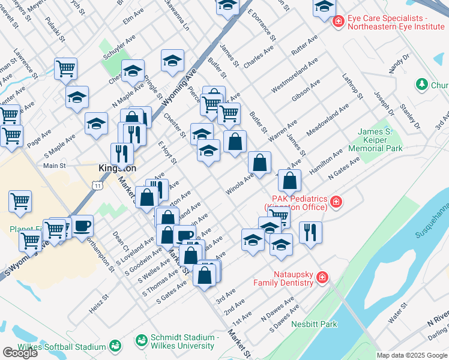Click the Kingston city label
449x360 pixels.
117,169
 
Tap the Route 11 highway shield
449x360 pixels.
97,186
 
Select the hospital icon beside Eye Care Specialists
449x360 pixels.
338,21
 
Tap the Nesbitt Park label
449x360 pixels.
314,325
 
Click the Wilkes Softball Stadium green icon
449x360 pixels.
115,346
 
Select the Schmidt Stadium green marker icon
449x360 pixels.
142,340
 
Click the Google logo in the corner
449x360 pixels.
20,353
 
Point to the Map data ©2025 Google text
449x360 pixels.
411,355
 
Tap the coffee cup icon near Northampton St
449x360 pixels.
82,226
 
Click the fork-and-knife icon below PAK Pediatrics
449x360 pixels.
310,231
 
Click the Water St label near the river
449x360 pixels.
397,316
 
